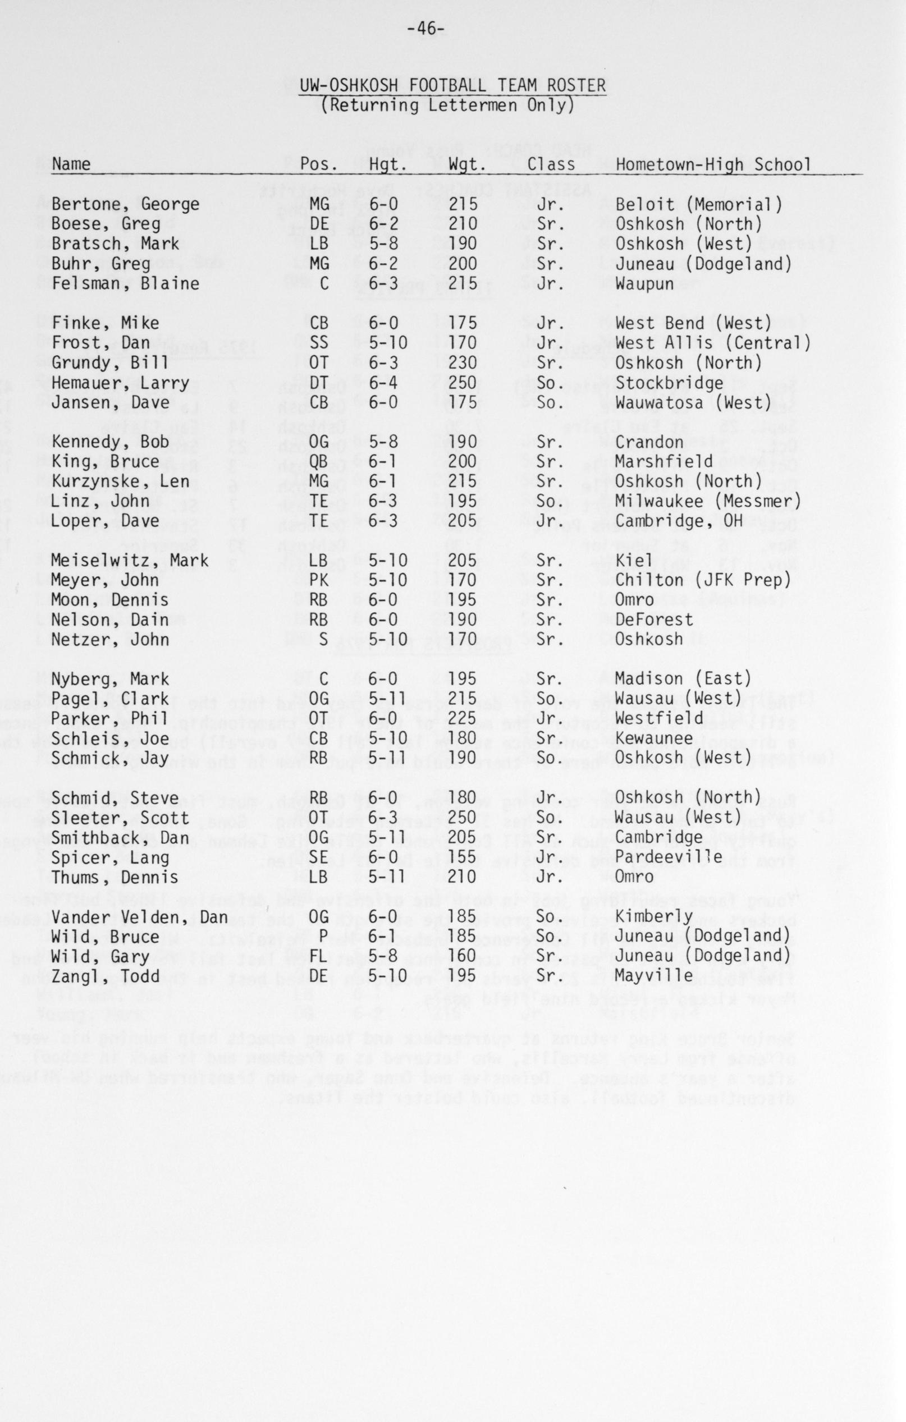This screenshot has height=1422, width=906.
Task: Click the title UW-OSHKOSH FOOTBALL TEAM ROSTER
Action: coord(452,86)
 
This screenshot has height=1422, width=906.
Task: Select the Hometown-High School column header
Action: coord(712,164)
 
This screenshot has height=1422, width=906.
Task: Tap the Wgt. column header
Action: coord(467,164)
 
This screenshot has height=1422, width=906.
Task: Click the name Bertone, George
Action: coord(125,205)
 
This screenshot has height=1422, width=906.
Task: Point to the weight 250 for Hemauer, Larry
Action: coord(463,383)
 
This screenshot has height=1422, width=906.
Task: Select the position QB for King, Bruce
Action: coord(318,462)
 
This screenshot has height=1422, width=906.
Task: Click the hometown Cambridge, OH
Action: coord(679,521)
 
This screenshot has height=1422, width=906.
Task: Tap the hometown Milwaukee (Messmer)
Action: coord(707,501)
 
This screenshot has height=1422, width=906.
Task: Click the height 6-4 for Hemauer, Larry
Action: coord(384,383)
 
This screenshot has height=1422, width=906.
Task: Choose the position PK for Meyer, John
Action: coord(318,580)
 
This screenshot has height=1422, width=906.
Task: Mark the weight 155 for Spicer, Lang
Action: coord(463,857)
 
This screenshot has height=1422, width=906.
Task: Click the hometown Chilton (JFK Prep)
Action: coord(702,580)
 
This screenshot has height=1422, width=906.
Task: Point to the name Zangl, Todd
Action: coord(105,976)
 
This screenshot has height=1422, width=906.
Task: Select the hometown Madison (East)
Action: coord(683,679)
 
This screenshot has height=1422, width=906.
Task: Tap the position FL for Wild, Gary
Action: coord(318,956)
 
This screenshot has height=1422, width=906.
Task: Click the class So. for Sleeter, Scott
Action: coord(551,818)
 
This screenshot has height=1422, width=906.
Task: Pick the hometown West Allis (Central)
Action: coord(712,343)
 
